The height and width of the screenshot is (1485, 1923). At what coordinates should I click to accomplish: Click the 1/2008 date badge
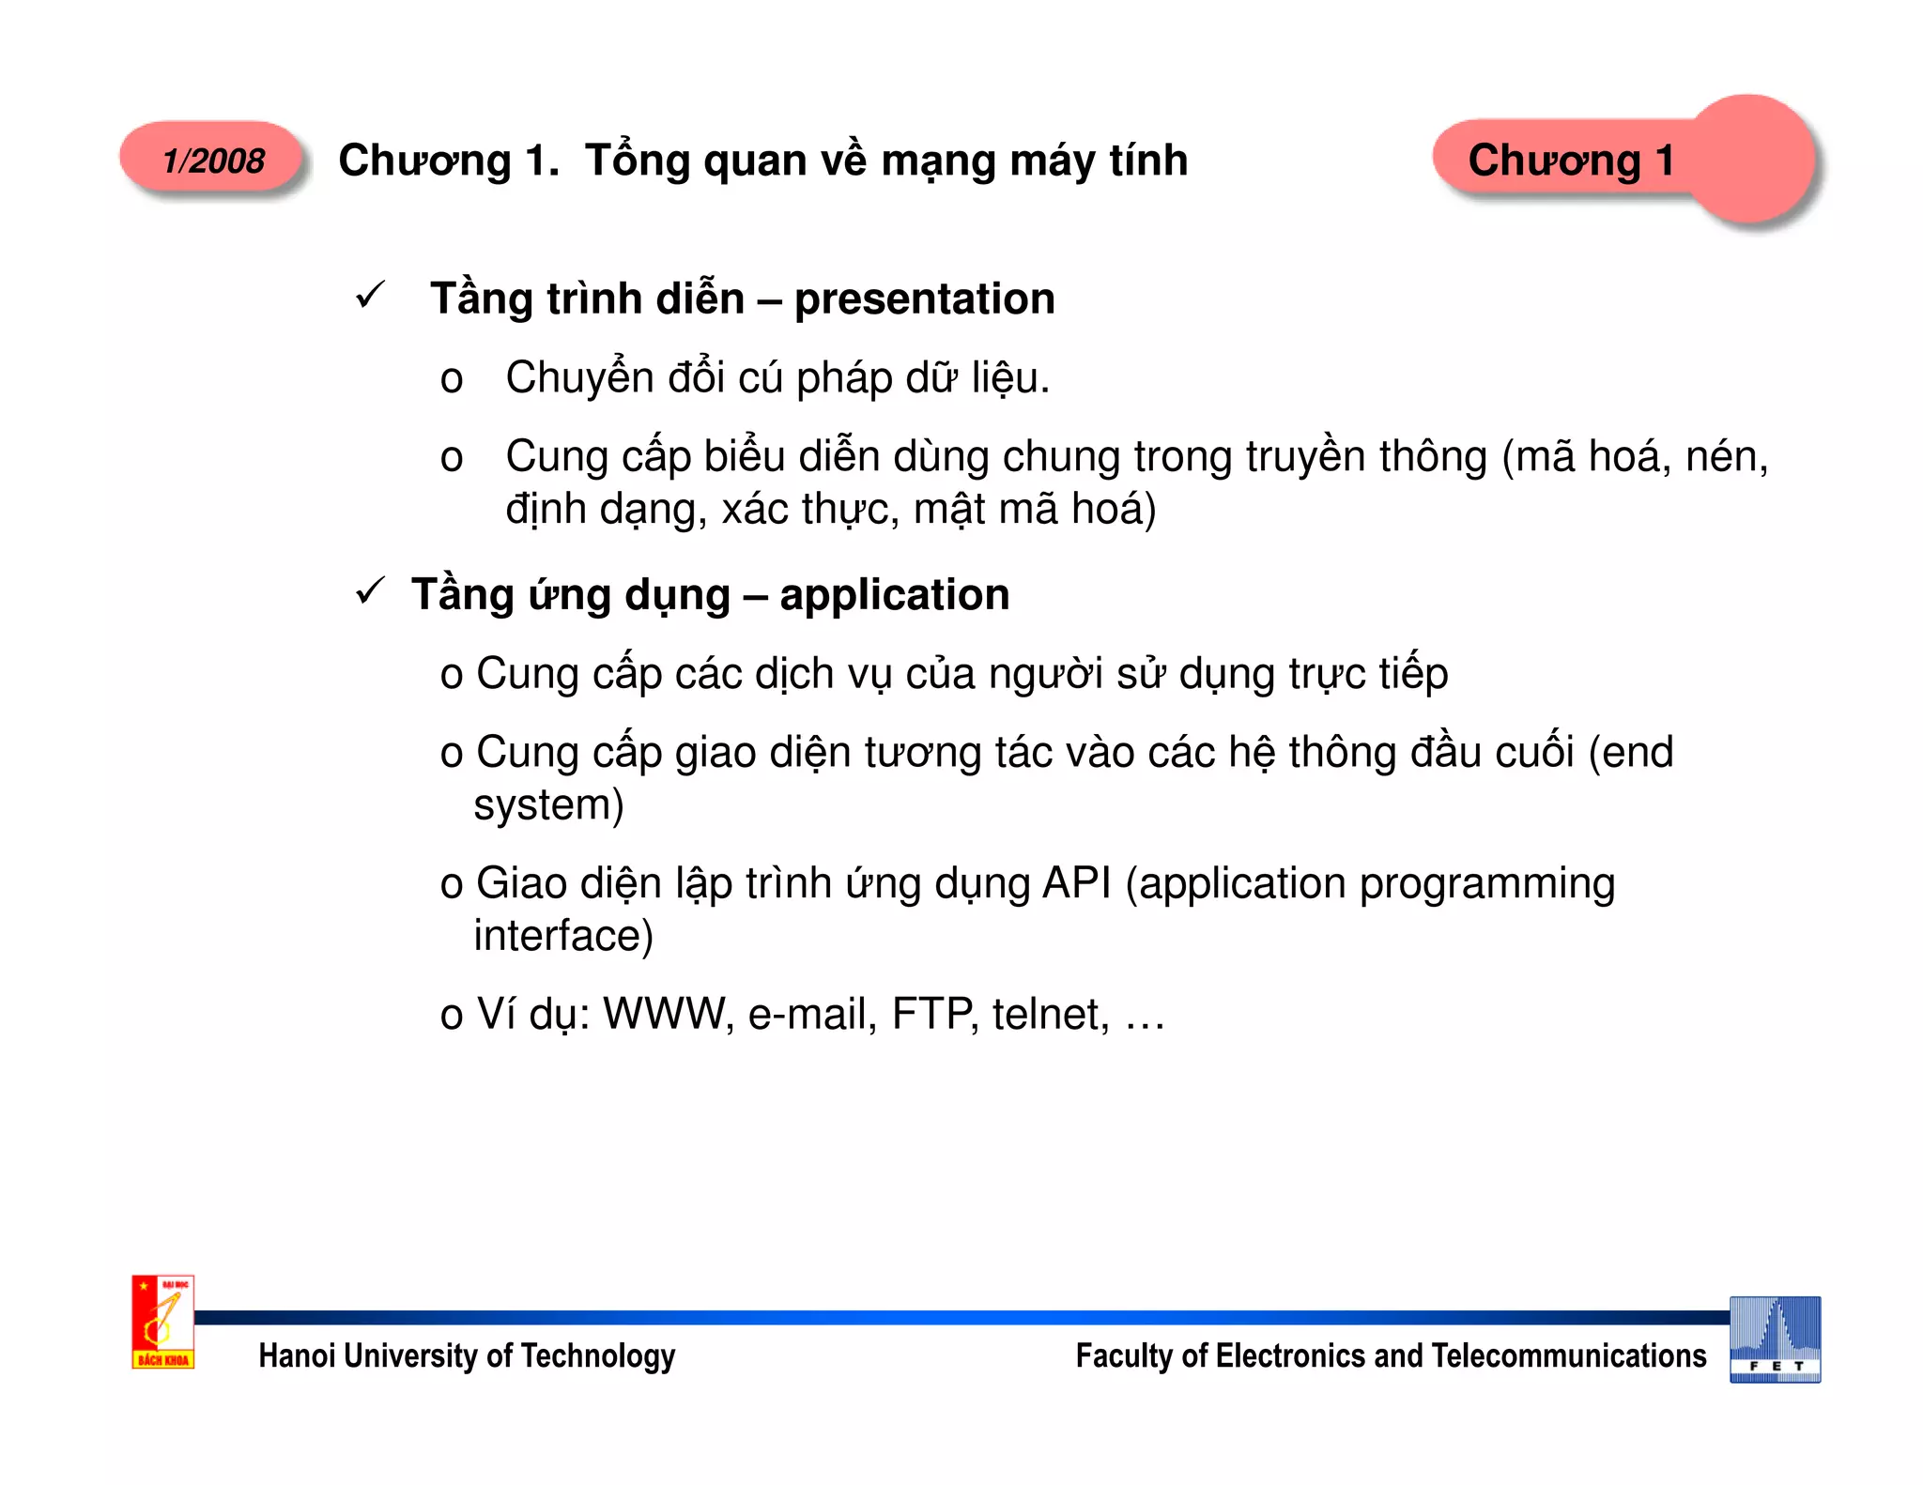pos(213,161)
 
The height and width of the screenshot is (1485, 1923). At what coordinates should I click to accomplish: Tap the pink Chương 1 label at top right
pos(1571,161)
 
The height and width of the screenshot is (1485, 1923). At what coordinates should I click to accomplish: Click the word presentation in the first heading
pos(924,299)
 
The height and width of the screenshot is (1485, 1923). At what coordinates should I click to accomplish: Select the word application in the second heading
pos(894,595)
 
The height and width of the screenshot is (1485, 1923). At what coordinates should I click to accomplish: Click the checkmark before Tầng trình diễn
pos(371,296)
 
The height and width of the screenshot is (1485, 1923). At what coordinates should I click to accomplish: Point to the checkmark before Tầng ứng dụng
pos(371,591)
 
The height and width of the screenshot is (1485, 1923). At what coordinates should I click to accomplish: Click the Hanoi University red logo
pos(162,1322)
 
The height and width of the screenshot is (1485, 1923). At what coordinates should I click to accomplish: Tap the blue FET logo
pos(1775,1340)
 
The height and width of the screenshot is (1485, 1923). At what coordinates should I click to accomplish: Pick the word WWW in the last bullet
pos(668,1015)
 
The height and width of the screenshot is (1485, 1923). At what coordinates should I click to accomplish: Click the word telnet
pos(1048,1015)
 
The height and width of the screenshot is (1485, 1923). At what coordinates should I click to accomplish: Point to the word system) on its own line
pos(548,805)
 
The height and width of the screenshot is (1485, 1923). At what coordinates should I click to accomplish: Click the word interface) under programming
pos(563,936)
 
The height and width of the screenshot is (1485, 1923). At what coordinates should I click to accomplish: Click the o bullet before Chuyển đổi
pos(452,380)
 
